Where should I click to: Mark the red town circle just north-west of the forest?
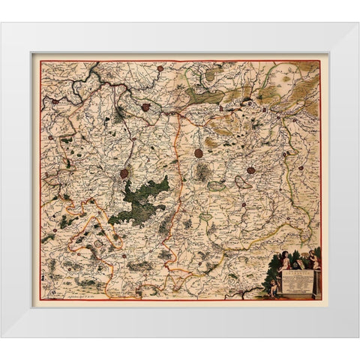[124, 174]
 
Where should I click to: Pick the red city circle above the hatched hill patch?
[199, 153]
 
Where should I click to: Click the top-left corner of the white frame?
[2, 23]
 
